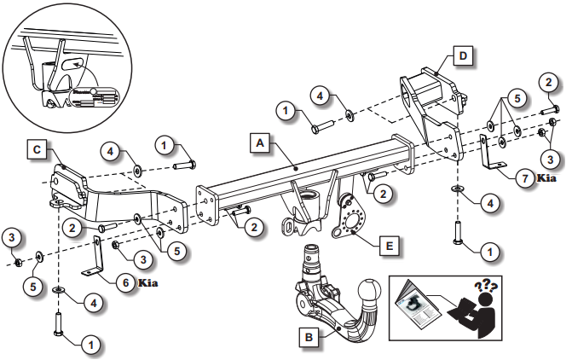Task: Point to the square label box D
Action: pyautogui.click(x=461, y=56)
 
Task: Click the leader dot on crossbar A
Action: pyautogui.click(x=293, y=168)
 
